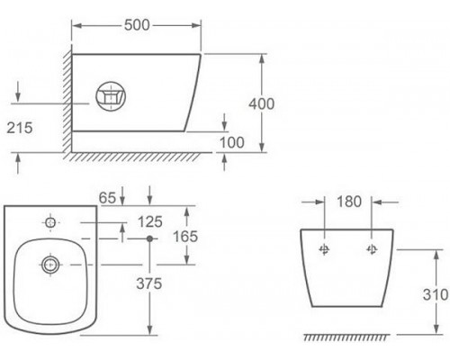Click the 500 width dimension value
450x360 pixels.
point(137,25)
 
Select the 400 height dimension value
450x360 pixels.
point(262,104)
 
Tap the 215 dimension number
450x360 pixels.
point(20,128)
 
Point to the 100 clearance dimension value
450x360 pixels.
point(232,142)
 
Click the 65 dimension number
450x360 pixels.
point(107,198)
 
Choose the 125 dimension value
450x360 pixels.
point(150,222)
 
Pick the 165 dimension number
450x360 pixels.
point(185,237)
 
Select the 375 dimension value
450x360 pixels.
point(149,283)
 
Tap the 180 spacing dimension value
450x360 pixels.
point(349,202)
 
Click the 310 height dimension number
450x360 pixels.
point(436,294)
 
